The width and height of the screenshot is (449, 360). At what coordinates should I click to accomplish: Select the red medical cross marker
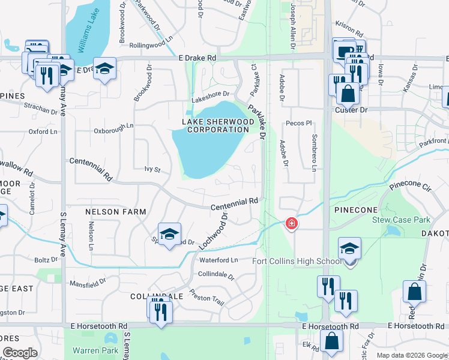pyautogui.click(x=292, y=224)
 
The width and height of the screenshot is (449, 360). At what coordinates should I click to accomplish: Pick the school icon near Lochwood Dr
pyautogui.click(x=170, y=234)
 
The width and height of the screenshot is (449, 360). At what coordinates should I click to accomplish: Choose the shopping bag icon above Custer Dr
pyautogui.click(x=348, y=94)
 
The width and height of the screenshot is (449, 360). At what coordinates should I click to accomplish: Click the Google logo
pyautogui.click(x=20, y=352)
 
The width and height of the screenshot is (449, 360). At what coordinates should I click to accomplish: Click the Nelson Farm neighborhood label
pyautogui.click(x=116, y=212)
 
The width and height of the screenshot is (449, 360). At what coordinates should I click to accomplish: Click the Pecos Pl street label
pyautogui.click(x=300, y=123)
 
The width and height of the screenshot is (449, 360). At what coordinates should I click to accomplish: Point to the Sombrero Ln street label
pyautogui.click(x=314, y=152)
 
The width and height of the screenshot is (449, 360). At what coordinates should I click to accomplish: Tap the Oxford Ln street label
pyautogui.click(x=43, y=131)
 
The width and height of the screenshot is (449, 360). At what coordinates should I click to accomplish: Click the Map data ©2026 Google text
pyautogui.click(x=412, y=355)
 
